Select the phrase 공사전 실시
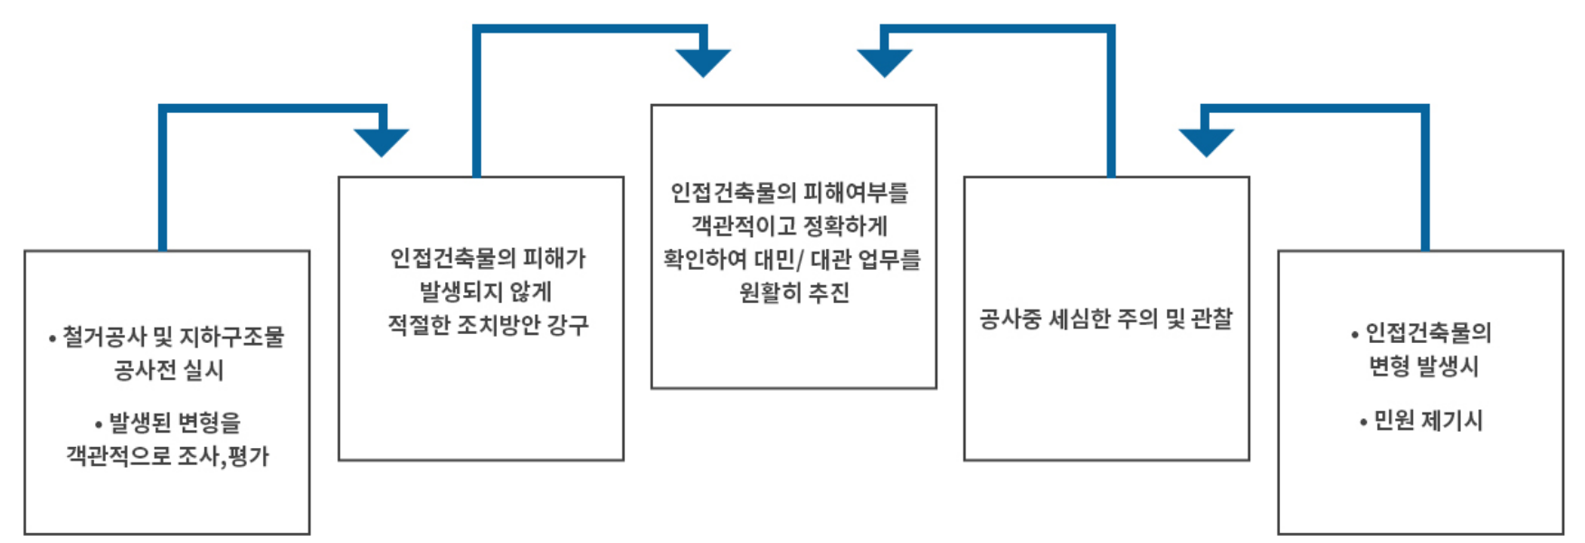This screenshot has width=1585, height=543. click(168, 369)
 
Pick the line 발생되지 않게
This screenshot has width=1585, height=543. click(486, 291)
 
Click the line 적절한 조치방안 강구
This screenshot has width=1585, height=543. click(489, 325)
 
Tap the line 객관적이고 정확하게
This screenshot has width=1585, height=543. click(790, 225)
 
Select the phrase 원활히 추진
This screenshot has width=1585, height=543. click(794, 292)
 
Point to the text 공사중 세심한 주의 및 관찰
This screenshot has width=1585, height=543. click(1106, 319)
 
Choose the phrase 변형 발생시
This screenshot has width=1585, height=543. click(1423, 366)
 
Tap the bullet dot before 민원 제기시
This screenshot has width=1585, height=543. click(1363, 422)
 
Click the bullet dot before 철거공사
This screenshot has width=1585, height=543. click(52, 339)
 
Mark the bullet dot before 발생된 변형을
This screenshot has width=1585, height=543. click(99, 424)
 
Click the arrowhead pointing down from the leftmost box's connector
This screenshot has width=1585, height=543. click(382, 142)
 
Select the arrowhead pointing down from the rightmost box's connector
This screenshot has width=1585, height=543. click(1207, 142)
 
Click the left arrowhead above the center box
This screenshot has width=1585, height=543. click(703, 62)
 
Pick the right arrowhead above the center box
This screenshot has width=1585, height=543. click(885, 62)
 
